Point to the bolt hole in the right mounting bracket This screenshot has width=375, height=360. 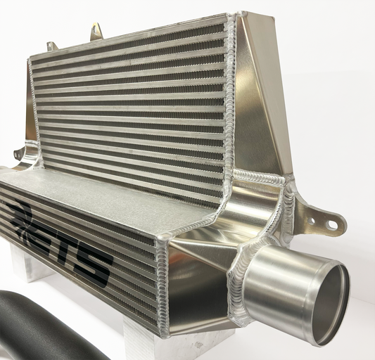click(x=331, y=225)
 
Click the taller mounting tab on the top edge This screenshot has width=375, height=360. click(x=96, y=32)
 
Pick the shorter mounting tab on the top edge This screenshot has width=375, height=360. click(x=51, y=46)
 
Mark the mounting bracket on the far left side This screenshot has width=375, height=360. click(x=21, y=153)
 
